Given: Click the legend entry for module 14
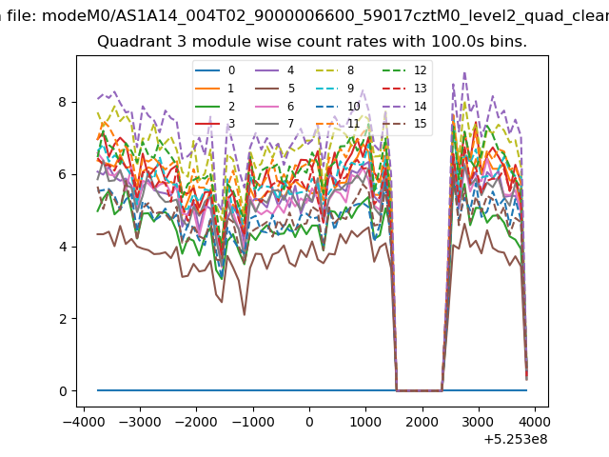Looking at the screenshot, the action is pyautogui.click(x=406, y=107).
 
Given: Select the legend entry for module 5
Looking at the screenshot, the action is pyautogui.click(x=275, y=89).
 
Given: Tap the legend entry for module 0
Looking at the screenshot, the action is pyautogui.click(x=215, y=70).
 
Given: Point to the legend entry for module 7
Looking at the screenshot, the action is pyautogui.click(x=275, y=124).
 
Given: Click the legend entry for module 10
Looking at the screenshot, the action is pyautogui.click(x=337, y=107).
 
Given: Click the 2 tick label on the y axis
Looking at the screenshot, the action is pyautogui.click(x=62, y=319).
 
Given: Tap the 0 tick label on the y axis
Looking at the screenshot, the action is pyautogui.click(x=63, y=391).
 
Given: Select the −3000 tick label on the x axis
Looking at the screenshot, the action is pyautogui.click(x=140, y=422).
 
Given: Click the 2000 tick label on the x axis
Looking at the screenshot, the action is pyautogui.click(x=422, y=422).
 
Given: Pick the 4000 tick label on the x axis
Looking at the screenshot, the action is pyautogui.click(x=535, y=422).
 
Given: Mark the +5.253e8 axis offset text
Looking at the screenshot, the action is pyautogui.click(x=516, y=440).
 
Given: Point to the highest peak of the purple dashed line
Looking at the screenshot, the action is pyautogui.click(x=464, y=72).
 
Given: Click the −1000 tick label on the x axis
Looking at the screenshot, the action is pyautogui.click(x=253, y=422).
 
